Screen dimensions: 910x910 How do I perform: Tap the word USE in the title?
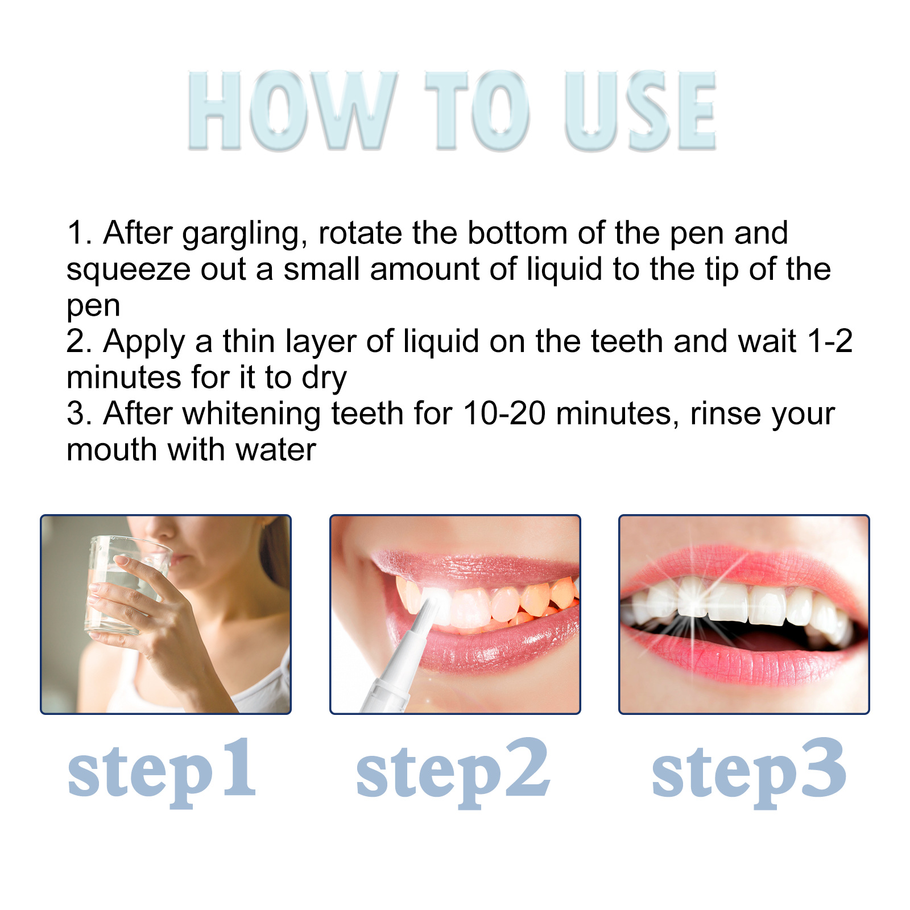coord(640,111)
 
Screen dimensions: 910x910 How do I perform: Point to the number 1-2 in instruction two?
coord(830,342)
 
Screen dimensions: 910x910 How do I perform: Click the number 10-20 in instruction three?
coord(504,413)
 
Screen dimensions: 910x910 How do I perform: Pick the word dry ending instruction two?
coord(324,379)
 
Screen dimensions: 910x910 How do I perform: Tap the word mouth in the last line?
coord(111,450)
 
